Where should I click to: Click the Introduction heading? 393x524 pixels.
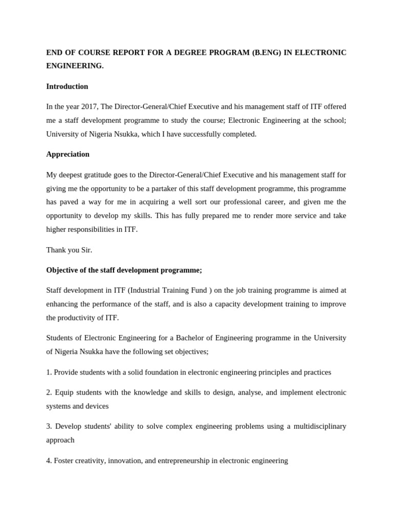coord(67,86)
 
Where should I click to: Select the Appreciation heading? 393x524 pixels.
coord(68,154)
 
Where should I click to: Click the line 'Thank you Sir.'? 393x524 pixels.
coord(69,250)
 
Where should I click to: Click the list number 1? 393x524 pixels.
coord(49,372)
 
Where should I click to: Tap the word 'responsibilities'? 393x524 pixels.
coord(93,229)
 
